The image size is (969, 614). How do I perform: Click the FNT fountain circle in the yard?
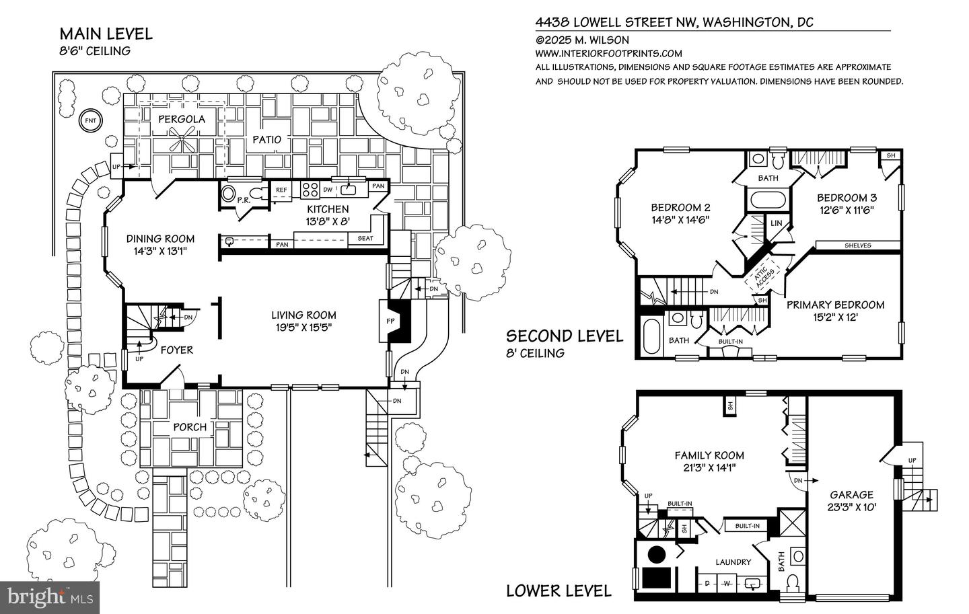tap(90, 120)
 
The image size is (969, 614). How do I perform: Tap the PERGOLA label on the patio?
tap(181, 119)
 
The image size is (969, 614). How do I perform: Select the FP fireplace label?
tap(390, 321)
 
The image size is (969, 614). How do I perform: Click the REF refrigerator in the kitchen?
tap(281, 190)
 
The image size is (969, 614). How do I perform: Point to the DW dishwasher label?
tap(328, 190)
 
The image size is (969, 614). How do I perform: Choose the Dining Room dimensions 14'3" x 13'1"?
tap(160, 252)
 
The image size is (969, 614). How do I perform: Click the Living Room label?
tap(303, 315)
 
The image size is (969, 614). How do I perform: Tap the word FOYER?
tap(176, 350)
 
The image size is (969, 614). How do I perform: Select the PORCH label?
tap(190, 427)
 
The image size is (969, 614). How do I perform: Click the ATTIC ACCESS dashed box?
tap(762, 275)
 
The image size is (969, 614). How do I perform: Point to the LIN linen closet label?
tap(777, 223)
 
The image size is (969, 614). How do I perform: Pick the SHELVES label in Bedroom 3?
tap(858, 245)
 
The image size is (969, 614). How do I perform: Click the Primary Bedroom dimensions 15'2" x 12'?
tap(835, 317)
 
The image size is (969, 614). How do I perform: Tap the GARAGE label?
tap(851, 495)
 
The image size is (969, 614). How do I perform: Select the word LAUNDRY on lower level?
tap(733, 562)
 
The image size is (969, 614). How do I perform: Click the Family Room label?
tap(709, 455)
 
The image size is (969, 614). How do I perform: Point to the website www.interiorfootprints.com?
tap(608, 54)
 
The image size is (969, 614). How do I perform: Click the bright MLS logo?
tap(50, 598)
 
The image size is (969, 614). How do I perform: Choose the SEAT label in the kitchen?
tap(365, 238)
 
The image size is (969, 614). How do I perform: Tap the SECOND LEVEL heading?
tap(565, 336)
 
